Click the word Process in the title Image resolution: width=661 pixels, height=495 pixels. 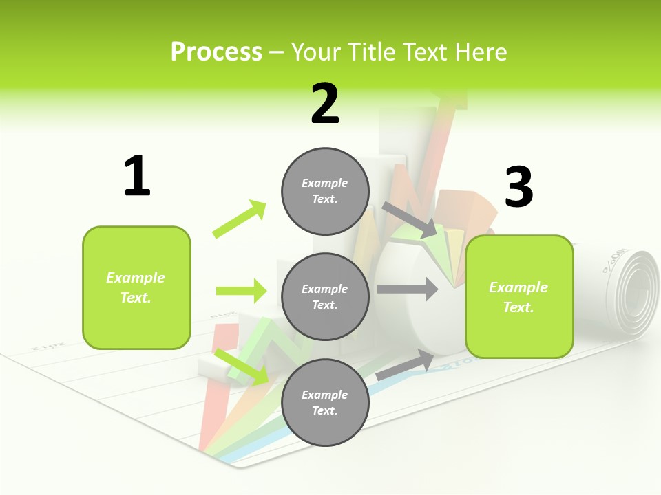tap(216, 52)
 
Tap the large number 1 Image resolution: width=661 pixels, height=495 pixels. tap(137, 177)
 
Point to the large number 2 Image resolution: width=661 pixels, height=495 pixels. tap(325, 104)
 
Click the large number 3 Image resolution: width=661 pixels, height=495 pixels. tap(518, 188)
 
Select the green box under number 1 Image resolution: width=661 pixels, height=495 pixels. tap(136, 287)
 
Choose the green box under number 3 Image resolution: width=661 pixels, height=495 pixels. tap(519, 296)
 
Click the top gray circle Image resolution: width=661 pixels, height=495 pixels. tap(325, 191)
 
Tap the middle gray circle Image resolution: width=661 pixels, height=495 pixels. tap(325, 296)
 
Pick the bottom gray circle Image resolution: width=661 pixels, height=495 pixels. tap(325, 402)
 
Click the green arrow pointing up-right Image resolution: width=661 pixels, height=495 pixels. tap(240, 219)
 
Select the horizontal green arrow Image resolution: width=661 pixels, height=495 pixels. tap(241, 291)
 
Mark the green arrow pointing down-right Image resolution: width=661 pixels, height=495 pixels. tap(242, 366)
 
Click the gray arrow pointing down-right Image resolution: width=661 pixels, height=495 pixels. tap(410, 220)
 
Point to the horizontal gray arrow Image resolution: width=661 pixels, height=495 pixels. tap(407, 289)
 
